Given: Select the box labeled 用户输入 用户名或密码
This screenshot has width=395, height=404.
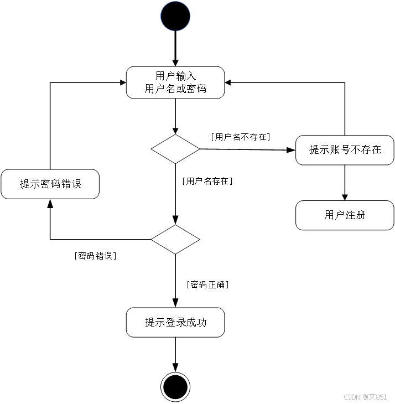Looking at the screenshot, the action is (x=175, y=82).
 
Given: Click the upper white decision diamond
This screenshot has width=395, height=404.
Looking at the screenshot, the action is (x=175, y=149).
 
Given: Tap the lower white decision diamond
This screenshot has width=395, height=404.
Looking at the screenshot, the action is (x=175, y=239).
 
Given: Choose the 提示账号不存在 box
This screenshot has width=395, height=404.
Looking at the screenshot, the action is (x=345, y=150).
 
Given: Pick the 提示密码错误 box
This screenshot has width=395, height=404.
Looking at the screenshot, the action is (x=50, y=184).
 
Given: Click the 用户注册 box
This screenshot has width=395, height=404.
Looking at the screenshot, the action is (x=345, y=215).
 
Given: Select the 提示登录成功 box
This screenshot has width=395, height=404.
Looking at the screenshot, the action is (x=175, y=322).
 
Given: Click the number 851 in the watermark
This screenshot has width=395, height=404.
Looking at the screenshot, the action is (x=381, y=397).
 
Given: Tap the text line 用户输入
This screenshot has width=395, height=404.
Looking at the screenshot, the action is (x=175, y=76).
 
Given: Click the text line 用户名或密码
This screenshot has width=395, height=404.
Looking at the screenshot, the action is (x=175, y=89).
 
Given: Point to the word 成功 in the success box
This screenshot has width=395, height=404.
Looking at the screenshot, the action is (x=196, y=322).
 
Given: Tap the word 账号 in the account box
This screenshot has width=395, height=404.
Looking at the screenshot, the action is (x=340, y=150).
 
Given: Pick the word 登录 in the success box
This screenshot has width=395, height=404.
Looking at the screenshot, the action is (x=175, y=322).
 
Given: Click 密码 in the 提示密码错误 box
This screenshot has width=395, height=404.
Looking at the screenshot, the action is (x=50, y=184).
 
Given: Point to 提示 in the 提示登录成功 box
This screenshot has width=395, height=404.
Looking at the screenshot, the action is (x=154, y=322).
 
